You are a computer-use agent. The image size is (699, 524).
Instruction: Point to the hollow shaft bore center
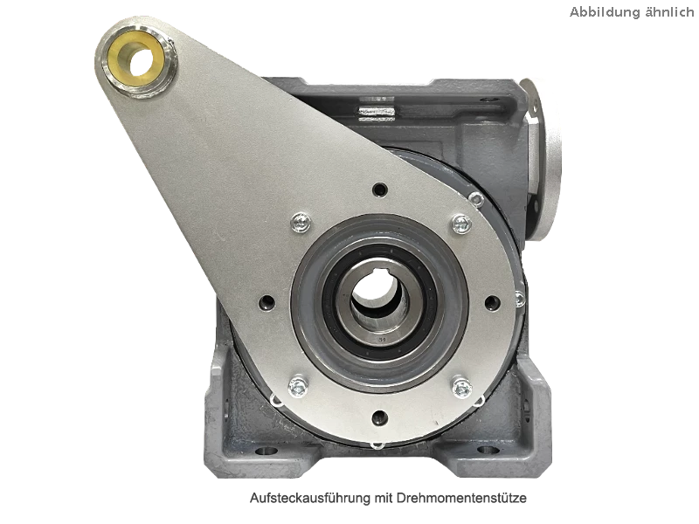pyautogui.click(x=374, y=294)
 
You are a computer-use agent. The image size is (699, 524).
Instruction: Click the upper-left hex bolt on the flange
pyautogui.click(x=301, y=223)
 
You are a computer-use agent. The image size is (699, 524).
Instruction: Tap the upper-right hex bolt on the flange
pyautogui.click(x=462, y=224)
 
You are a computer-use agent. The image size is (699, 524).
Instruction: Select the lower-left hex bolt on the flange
pyautogui.click(x=298, y=387)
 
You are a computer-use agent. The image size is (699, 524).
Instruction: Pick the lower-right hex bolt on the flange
pyautogui.click(x=462, y=388)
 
